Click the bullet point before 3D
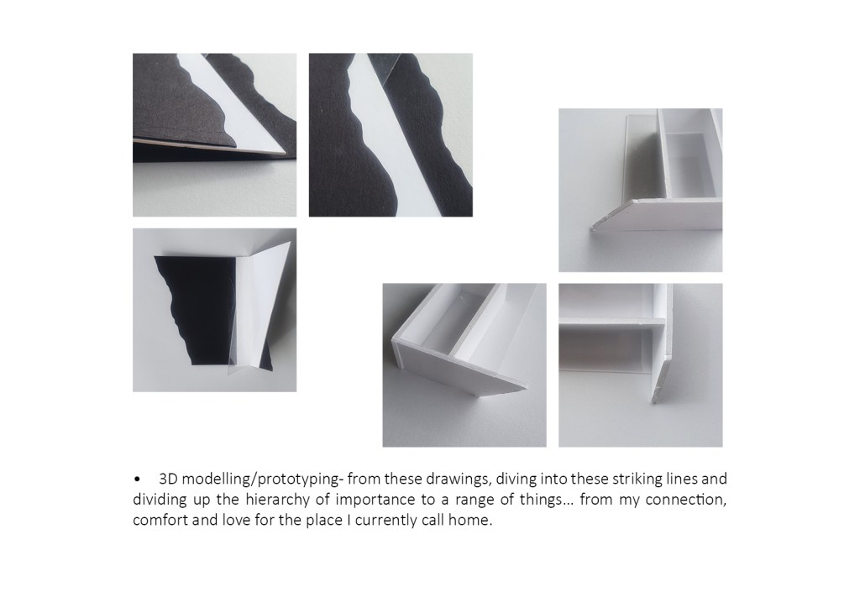point(137,480)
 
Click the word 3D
point(168,480)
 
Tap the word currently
point(386,521)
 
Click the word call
point(433,521)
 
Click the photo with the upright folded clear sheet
point(214,311)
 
